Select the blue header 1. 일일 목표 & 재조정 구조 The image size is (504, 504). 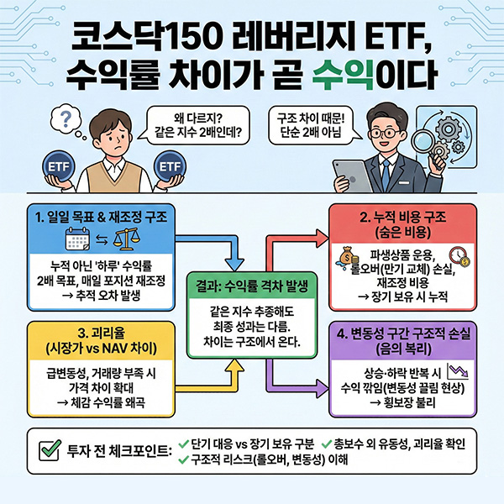tap(97, 217)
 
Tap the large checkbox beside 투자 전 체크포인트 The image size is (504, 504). tap(48, 450)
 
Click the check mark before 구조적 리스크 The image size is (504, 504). tap(185, 459)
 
